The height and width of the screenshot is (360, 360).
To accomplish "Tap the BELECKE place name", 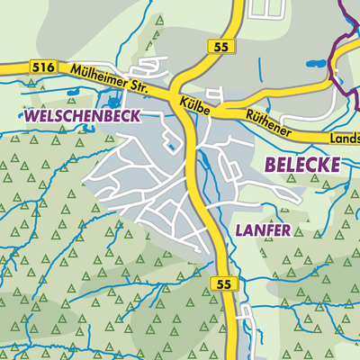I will [303, 164].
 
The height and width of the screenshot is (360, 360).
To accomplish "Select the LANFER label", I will [263, 230].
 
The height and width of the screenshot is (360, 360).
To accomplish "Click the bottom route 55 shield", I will [226, 283].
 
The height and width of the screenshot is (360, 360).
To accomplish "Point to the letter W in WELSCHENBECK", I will [32, 117].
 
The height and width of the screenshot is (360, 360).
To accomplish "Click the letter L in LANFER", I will [240, 230].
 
